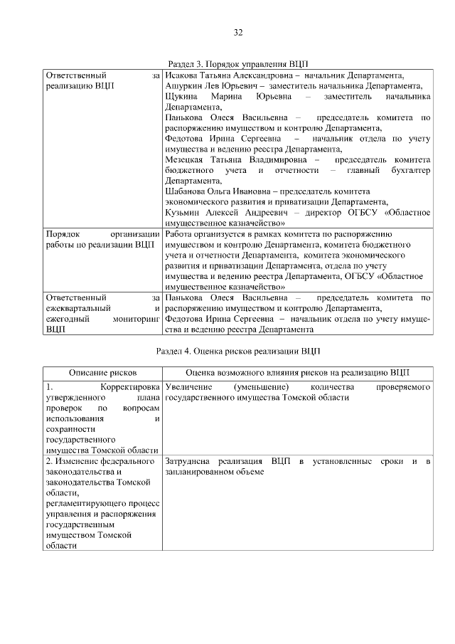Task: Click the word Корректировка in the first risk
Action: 129,386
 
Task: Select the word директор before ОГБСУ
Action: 320,213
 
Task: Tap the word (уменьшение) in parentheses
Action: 260,386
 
